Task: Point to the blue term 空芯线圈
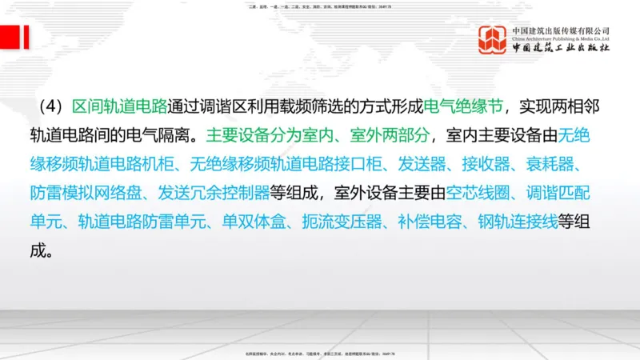(474, 193)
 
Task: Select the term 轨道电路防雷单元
(141, 222)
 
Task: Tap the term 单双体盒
(250, 222)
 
